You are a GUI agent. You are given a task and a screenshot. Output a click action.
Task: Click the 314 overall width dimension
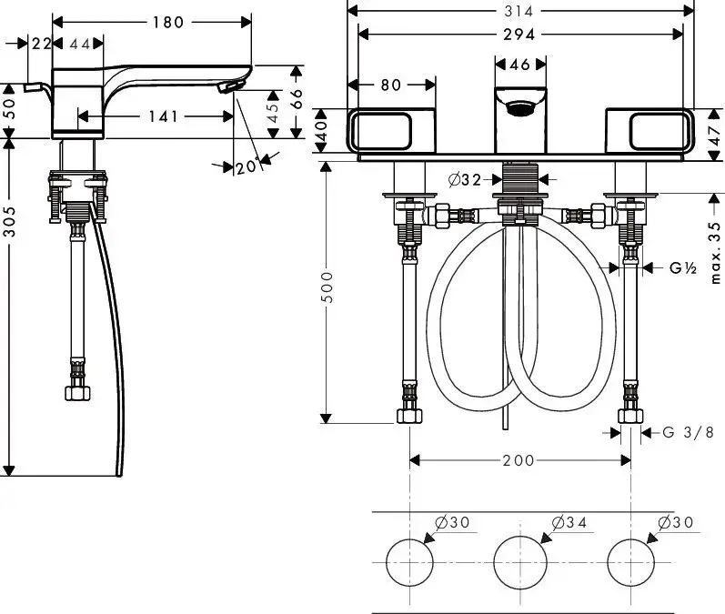520,10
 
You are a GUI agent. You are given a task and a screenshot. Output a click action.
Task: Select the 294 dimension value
520,34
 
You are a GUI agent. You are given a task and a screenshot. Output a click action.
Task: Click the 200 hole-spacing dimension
519,460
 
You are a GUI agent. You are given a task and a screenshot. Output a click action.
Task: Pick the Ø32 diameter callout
464,180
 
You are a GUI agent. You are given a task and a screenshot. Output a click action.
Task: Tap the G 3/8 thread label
687,433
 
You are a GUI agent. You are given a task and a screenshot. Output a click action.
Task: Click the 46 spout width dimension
520,65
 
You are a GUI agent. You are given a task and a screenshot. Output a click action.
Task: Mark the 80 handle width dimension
390,85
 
